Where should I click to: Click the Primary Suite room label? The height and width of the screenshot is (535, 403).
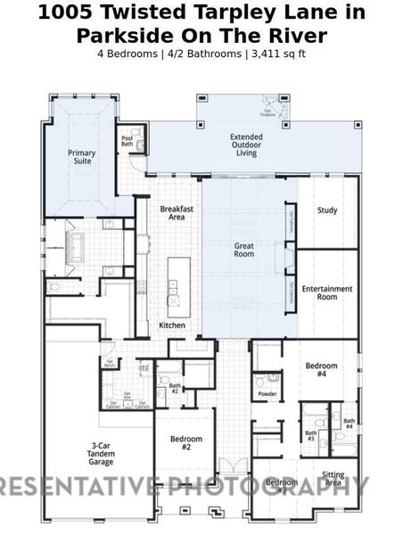[82, 157]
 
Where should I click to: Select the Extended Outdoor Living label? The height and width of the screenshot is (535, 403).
[246, 145]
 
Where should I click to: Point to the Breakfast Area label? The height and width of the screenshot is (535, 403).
[177, 212]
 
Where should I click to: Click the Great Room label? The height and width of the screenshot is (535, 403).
[244, 250]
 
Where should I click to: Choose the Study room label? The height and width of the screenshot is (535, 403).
[327, 210]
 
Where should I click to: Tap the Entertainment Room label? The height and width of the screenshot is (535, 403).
[326, 292]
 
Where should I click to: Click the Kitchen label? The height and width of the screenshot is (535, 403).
[172, 325]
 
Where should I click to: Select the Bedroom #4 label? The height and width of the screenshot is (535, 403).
[321, 370]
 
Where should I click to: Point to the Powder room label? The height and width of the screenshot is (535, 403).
[267, 393]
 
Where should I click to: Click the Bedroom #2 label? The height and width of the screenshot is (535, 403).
[186, 443]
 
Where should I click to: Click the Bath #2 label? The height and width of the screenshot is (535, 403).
[175, 388]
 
